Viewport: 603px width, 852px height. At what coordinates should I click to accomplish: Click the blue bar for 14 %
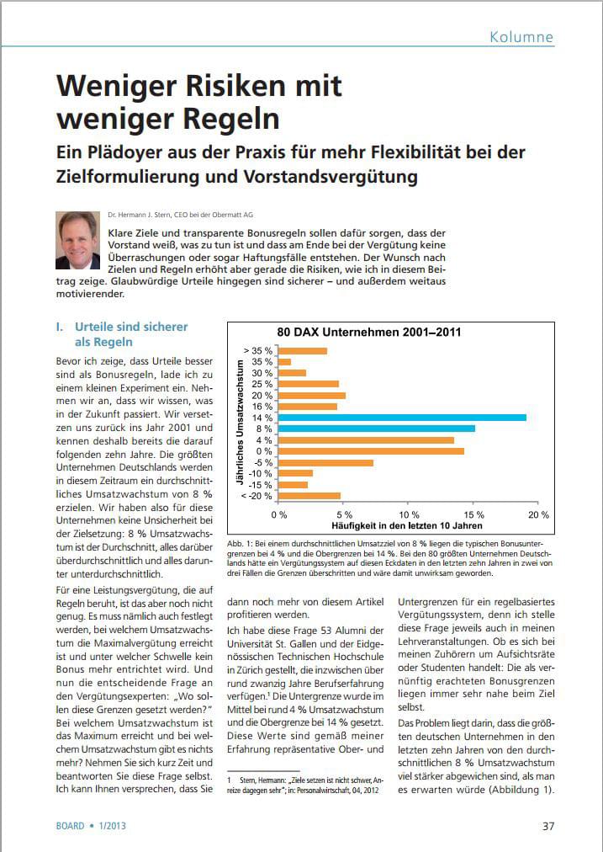click(402, 418)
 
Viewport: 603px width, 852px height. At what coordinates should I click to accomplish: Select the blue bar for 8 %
click(377, 429)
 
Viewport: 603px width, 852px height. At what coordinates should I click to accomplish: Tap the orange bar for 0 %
click(371, 451)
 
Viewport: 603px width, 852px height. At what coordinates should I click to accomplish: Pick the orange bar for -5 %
click(325, 462)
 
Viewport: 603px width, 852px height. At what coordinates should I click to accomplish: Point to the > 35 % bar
click(303, 350)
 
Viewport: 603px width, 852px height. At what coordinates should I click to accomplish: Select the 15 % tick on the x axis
click(473, 514)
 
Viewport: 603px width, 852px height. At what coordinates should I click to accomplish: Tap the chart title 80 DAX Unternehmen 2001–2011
click(369, 332)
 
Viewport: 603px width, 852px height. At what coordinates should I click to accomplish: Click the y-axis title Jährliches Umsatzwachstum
click(239, 422)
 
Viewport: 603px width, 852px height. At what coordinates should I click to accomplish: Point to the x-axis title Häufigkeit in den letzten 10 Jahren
click(407, 525)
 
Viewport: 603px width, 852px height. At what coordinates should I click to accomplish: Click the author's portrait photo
click(77, 240)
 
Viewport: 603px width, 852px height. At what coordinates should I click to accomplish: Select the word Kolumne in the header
click(521, 37)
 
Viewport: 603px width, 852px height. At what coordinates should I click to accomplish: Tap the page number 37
click(548, 826)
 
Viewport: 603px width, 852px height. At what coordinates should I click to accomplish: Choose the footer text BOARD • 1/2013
click(91, 826)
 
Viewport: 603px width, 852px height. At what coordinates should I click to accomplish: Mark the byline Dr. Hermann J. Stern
click(138, 215)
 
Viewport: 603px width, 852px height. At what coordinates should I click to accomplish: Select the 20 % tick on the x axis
click(538, 514)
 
